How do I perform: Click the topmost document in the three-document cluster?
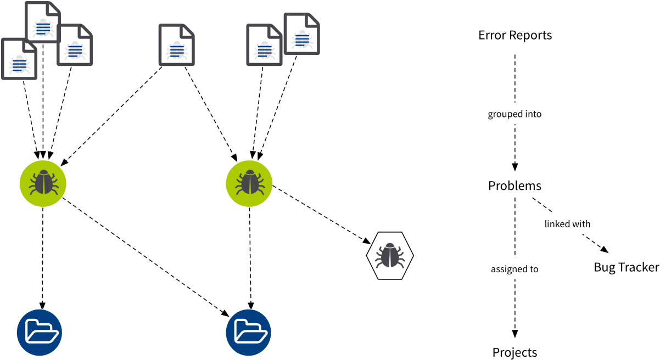[43, 22]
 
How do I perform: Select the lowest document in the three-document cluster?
[19, 59]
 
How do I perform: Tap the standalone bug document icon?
[176, 45]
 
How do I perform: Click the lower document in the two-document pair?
[264, 45]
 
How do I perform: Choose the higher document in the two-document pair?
[301, 34]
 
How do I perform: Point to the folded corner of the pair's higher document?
[314, 19]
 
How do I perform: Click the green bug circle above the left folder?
[43, 184]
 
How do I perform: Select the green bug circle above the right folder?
[249, 184]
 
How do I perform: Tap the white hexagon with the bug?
[390, 255]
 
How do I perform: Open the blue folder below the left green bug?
[39, 332]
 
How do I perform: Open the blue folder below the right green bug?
[249, 332]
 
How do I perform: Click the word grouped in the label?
[505, 114]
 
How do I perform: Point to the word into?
[533, 114]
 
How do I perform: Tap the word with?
[581, 224]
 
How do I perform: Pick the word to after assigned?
[533, 269]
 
